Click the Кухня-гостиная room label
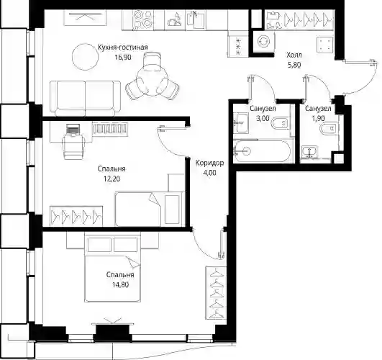click(122, 47)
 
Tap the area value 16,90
click(123, 58)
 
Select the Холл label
click(294, 55)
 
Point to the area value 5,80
click(294, 65)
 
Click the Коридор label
click(210, 163)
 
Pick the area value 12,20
click(112, 179)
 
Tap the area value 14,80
click(121, 284)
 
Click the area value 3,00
click(263, 119)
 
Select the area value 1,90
click(318, 119)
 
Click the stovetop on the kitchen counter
click(143, 19)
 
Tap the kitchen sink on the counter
click(196, 19)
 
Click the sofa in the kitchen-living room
click(86, 98)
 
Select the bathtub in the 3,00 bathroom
click(263, 150)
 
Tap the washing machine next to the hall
click(263, 42)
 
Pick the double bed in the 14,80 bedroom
click(112, 267)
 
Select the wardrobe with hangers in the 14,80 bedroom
click(216, 293)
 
